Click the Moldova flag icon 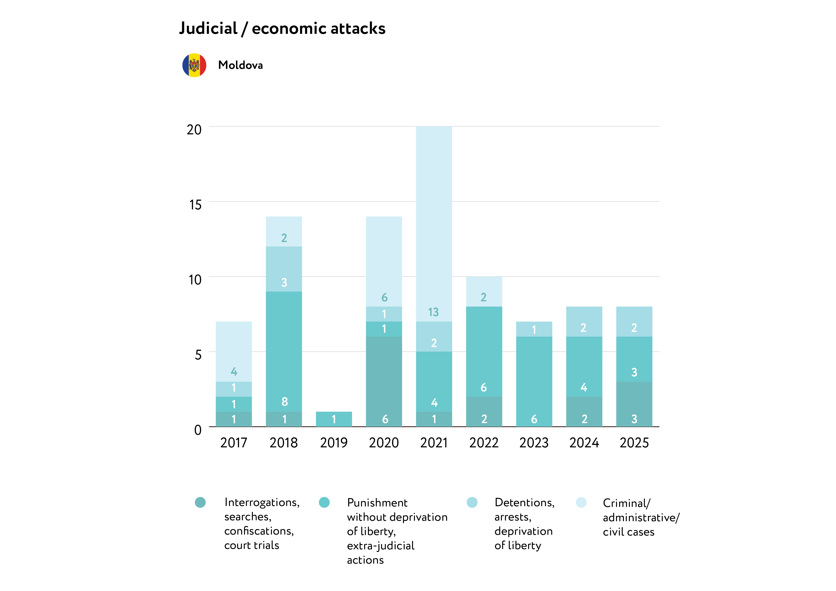click(194, 65)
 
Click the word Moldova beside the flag click(240, 65)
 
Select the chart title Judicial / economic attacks click(282, 28)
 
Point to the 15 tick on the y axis click(195, 205)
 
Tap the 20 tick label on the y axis click(194, 130)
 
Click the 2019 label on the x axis click(334, 443)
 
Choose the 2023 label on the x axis click(534, 443)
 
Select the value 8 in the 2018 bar click(284, 402)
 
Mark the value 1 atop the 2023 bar click(534, 330)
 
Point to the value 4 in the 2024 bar click(584, 387)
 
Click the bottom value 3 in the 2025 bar click(634, 419)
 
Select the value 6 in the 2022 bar click(484, 388)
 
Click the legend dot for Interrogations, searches click(200, 503)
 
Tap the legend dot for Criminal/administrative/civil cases click(581, 503)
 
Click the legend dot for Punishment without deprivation click(324, 503)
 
